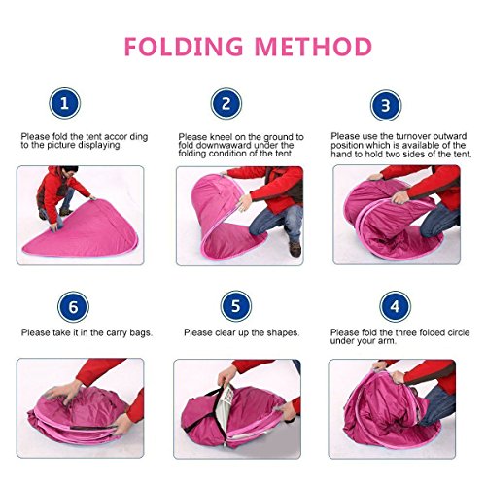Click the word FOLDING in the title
tap(184, 47)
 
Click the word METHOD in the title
tap(313, 47)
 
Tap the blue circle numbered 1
tap(64, 104)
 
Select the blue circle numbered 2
tap(226, 104)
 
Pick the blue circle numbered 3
tap(386, 106)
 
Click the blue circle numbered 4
tap(395, 306)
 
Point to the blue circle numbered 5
tap(236, 306)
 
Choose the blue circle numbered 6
tap(73, 307)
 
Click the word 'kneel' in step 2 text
tap(222, 137)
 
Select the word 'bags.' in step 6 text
tap(141, 333)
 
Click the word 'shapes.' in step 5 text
tap(283, 333)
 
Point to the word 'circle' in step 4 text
tap(457, 332)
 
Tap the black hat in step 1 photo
tap(70, 169)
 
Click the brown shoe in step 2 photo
tap(295, 248)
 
